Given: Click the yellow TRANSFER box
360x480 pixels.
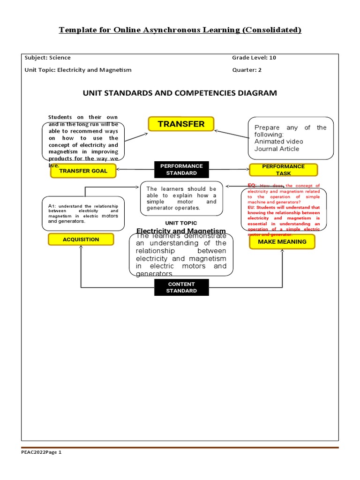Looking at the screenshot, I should coord(181,124).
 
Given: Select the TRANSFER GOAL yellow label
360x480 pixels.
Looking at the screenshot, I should coord(83,171).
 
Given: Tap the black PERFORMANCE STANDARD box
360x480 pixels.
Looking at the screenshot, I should coord(181,170).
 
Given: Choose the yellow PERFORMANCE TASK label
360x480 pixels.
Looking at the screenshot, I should coord(283,170).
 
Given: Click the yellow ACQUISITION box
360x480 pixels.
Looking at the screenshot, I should coord(81,240).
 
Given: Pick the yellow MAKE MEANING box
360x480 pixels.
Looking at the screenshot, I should coord(282,242).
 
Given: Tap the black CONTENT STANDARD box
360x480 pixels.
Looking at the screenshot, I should coord(181,287).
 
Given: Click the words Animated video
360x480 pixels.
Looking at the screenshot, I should coord(278,142).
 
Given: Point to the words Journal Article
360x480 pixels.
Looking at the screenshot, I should coord(277,149).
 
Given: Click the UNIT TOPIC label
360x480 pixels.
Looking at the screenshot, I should coord(181,223).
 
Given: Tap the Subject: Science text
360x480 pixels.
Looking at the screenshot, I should coord(47,58).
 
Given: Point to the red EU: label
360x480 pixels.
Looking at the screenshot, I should coord(252,207).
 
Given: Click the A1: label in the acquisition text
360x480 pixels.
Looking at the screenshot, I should coord(52,206).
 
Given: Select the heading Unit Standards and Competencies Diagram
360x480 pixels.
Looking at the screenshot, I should coord(180,93).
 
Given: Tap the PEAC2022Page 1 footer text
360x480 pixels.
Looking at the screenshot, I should coord(41,453).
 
